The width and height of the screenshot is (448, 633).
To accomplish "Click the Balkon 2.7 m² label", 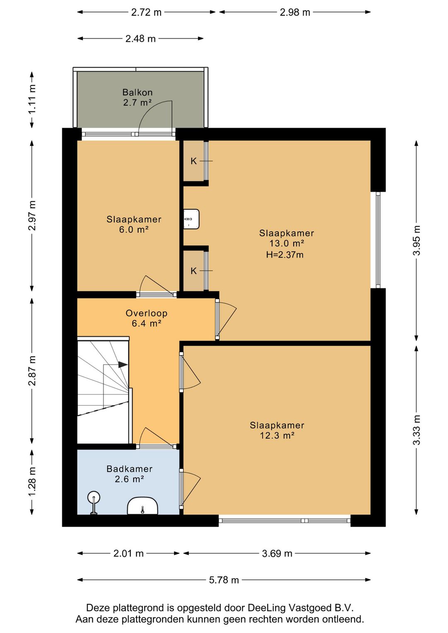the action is coord(137,97).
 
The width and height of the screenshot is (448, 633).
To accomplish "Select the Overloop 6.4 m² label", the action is coord(146,318).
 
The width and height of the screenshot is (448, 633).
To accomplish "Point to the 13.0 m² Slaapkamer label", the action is coord(286,238).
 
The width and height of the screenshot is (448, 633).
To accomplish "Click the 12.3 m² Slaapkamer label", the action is coord(277,430).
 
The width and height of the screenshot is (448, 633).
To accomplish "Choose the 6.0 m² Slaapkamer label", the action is coord(134,224).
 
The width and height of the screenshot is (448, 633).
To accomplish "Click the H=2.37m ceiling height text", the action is coord(285,255).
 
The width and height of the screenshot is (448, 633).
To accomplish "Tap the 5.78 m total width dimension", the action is coord(224,580).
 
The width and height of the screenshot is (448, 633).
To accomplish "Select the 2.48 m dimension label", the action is coord(141,39).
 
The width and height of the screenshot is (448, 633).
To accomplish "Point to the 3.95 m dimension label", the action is coord(416,240).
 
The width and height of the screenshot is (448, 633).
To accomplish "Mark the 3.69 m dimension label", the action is coord(277,553).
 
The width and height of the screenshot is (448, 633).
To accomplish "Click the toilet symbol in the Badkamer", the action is coord(94,503).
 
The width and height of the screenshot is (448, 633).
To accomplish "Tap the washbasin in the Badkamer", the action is coord(142,506).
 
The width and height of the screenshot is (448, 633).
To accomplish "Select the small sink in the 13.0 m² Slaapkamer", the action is coord(192,219).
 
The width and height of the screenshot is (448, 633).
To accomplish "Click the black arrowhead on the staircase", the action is coord(123,365).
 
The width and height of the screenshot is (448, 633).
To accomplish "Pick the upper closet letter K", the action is coord(193,161).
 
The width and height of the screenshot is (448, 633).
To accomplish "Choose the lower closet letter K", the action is coord(193,271).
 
